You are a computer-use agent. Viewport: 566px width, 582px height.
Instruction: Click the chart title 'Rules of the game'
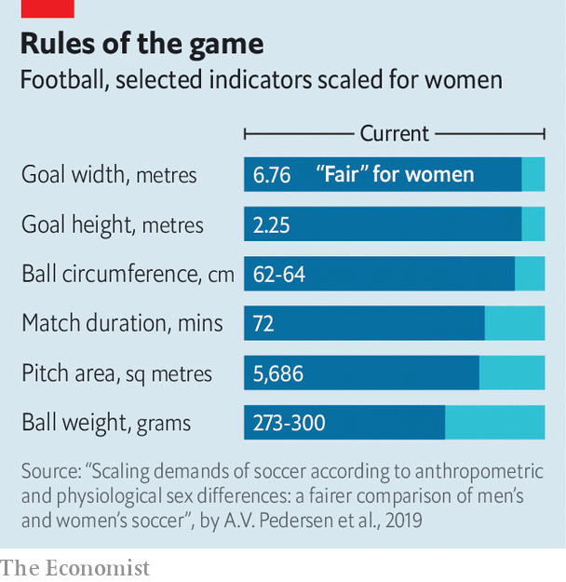pyautogui.click(x=141, y=43)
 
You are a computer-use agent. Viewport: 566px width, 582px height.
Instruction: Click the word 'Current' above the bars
pyautogui.click(x=395, y=133)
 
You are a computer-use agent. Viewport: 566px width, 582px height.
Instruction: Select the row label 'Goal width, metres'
pyautogui.click(x=109, y=174)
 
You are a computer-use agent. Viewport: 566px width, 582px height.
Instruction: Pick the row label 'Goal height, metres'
pyautogui.click(x=112, y=224)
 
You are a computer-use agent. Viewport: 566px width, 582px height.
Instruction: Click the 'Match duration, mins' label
pyautogui.click(x=122, y=323)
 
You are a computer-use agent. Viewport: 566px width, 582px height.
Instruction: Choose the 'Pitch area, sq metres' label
pyautogui.click(x=116, y=373)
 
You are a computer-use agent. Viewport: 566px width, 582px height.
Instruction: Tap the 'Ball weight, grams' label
pyautogui.click(x=106, y=423)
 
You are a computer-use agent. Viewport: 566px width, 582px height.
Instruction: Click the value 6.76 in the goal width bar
pyautogui.click(x=272, y=174)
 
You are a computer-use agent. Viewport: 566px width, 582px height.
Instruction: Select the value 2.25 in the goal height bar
pyautogui.click(x=272, y=224)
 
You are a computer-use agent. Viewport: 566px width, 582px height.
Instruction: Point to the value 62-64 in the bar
pyautogui.click(x=279, y=274)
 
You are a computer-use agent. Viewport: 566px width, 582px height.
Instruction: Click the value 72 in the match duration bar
pyautogui.click(x=263, y=323)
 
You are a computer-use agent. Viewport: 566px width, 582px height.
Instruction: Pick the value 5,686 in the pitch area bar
pyautogui.click(x=278, y=373)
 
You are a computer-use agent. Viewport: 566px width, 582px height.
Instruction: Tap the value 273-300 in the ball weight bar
pyautogui.click(x=290, y=423)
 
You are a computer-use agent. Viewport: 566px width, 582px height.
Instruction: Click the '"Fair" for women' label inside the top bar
pyautogui.click(x=395, y=174)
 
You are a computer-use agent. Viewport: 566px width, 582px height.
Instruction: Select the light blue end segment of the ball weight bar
pyautogui.click(x=494, y=423)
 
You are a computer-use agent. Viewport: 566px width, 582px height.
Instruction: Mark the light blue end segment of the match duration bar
pyautogui.click(x=515, y=323)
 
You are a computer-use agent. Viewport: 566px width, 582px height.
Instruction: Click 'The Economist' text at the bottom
pyautogui.click(x=75, y=566)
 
